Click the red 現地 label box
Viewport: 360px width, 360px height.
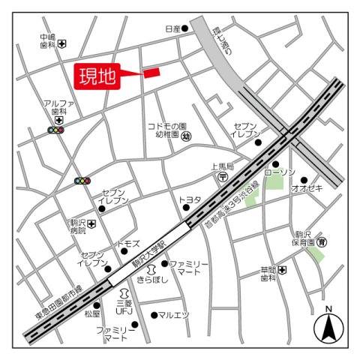click(97, 76)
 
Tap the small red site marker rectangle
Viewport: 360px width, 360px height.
click(151, 72)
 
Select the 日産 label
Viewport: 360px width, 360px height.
click(172, 28)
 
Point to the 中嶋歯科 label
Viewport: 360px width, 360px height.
click(48, 40)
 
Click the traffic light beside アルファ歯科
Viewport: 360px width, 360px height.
click(56, 130)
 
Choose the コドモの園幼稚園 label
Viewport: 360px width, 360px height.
click(166, 131)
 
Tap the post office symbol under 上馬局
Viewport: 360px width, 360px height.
click(223, 177)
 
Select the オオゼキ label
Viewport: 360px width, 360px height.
click(307, 188)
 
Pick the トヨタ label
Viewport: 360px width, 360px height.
click(190, 199)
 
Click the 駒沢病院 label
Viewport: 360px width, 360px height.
click(78, 227)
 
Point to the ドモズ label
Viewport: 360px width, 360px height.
click(127, 244)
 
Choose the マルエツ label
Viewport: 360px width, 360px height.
click(174, 315)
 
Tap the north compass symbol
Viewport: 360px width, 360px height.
click(328, 325)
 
